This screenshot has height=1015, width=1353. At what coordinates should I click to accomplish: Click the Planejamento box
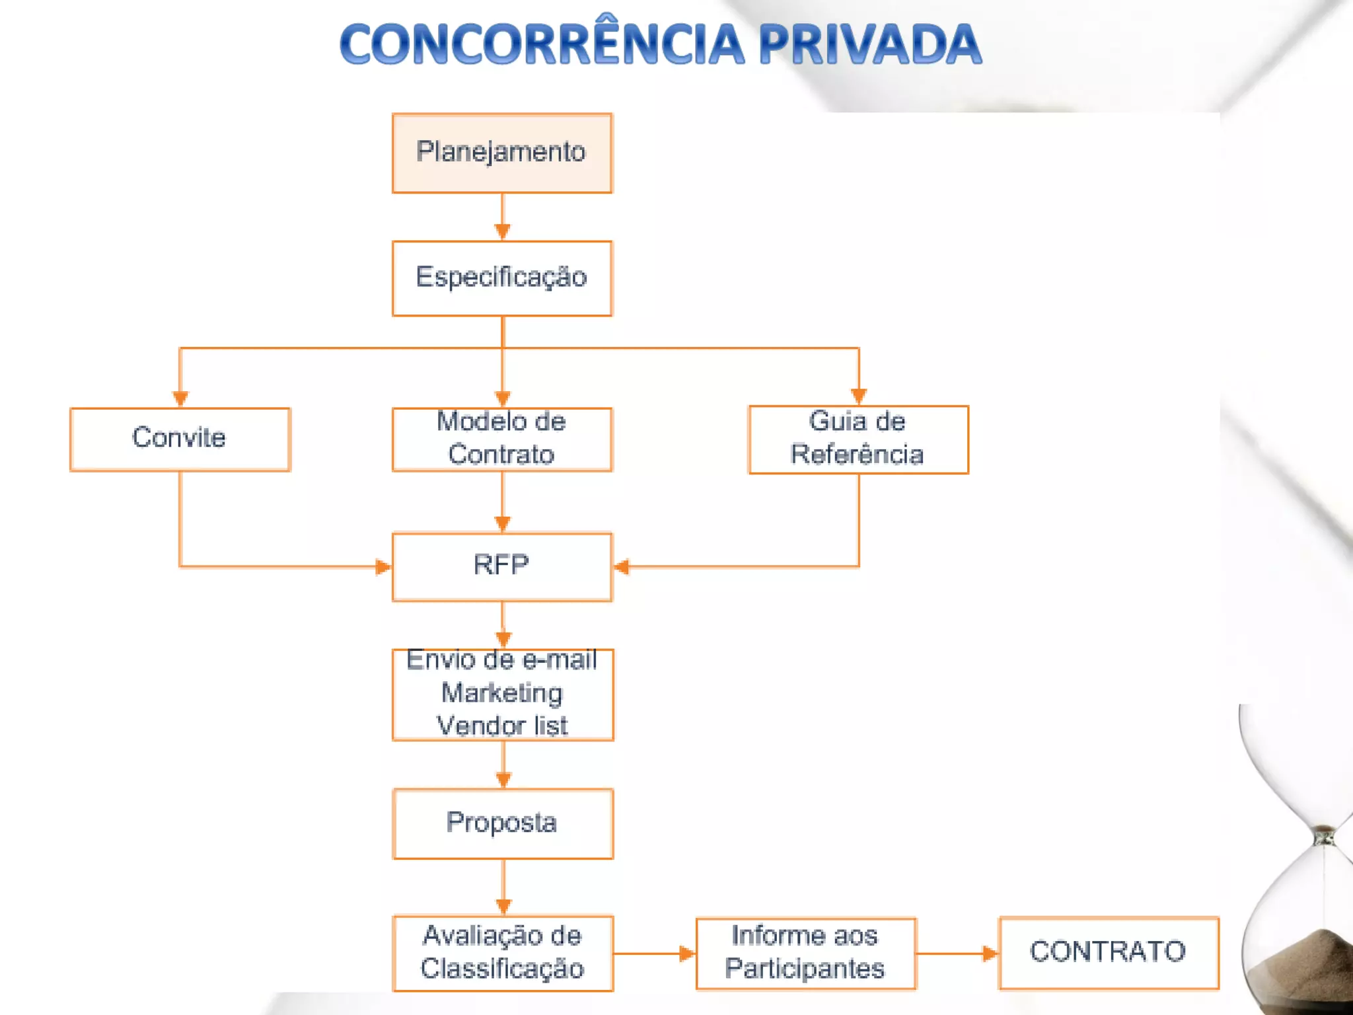coord(502,153)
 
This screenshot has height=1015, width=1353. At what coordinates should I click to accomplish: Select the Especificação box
coord(502,278)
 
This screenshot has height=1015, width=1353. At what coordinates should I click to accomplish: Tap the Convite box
coord(180,439)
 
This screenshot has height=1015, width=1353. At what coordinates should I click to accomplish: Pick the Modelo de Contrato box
coord(502,439)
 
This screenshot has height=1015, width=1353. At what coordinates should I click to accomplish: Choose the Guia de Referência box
coord(858,439)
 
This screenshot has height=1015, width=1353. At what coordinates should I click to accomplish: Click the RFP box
coord(502,566)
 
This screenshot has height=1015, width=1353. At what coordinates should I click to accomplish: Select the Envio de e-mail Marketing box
coord(503,694)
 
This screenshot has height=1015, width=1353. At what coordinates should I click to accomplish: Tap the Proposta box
coord(503,823)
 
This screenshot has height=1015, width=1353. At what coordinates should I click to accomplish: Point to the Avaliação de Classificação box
coord(503,953)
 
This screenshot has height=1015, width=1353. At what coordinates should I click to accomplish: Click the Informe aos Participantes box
coord(805,953)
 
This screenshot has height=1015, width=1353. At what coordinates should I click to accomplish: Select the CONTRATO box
coord(1109,952)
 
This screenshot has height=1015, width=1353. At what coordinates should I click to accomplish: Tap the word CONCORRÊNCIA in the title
coord(542,45)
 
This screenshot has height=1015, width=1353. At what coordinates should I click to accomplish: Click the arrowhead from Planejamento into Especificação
coord(502,231)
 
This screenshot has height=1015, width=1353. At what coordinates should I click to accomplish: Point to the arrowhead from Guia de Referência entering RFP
coord(622,566)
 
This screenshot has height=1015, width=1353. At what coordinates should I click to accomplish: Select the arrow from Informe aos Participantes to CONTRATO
coord(957,953)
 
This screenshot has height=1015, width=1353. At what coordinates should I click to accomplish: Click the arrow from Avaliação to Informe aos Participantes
coord(654,953)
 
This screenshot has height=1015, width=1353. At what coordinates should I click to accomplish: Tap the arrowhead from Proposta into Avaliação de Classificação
coord(503,906)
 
